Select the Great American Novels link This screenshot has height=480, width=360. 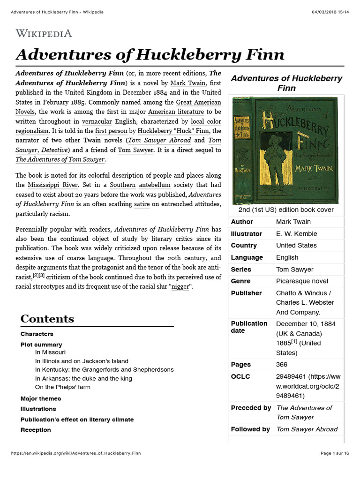point(198,102)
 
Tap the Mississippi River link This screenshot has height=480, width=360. point(52,185)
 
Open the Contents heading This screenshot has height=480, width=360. point(47,319)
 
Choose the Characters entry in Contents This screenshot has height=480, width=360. point(37,334)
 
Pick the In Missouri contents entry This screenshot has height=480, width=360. point(50,352)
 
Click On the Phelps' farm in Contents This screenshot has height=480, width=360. point(63,387)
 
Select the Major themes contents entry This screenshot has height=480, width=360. point(41,398)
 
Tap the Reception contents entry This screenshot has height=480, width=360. point(36,430)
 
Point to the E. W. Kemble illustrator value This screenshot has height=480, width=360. point(296,233)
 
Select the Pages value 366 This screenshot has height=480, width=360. point(282,364)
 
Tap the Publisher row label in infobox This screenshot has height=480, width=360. point(246,293)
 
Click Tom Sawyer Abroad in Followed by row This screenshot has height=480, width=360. point(307,429)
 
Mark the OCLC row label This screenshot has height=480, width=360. point(240,376)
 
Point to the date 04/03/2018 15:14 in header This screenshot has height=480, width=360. point(330,11)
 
